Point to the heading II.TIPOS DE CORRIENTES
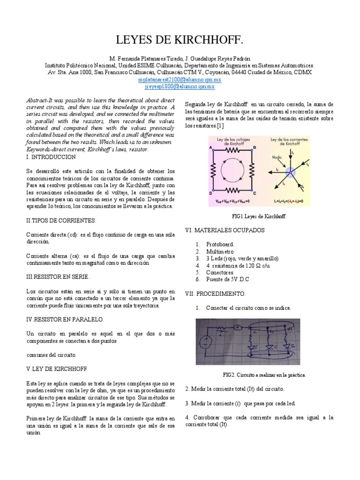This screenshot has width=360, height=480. (x=61, y=220)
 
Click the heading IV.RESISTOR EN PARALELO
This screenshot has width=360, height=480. (x=65, y=319)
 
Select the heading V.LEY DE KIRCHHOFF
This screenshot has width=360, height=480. (x=56, y=368)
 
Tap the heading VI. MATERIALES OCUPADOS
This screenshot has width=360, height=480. (x=225, y=230)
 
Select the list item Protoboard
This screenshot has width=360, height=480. (x=220, y=244)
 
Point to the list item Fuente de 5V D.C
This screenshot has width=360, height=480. (x=230, y=279)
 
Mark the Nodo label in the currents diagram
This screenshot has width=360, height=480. (x=278, y=158)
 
